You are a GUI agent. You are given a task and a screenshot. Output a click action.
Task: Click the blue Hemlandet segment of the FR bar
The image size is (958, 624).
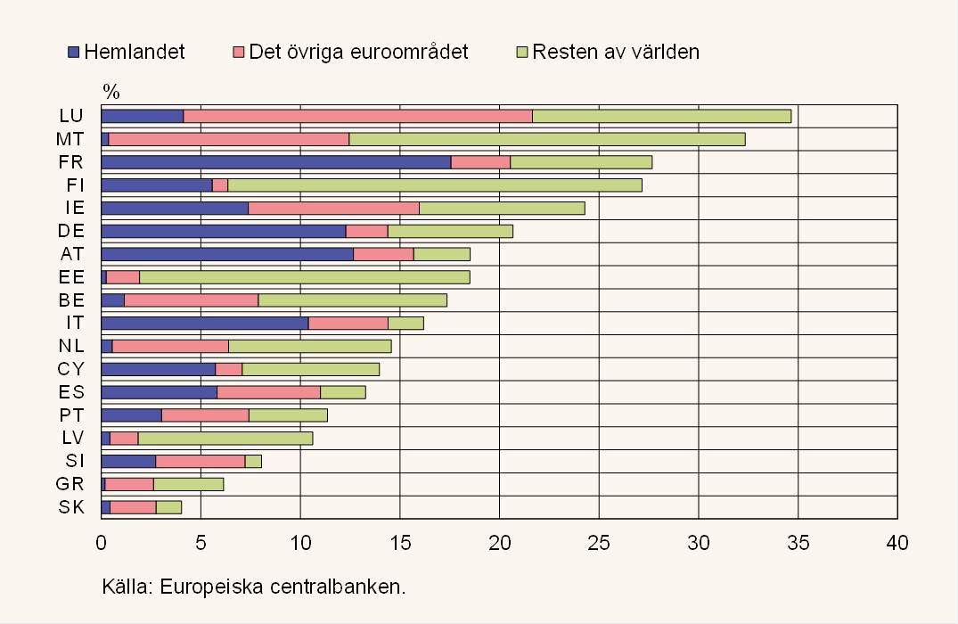pos(276,161)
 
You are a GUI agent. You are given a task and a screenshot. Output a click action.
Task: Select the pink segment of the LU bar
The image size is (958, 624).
pos(357,116)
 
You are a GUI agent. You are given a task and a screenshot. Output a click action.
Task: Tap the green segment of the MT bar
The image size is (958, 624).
pos(547,139)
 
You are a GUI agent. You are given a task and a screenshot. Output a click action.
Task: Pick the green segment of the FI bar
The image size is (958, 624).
pos(435,185)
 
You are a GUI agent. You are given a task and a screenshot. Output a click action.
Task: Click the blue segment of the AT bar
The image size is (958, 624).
pos(227,254)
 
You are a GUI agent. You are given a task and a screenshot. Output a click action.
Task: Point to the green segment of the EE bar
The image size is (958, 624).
pos(305,277)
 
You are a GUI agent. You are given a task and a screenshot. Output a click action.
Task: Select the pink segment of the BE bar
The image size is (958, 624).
pos(192,300)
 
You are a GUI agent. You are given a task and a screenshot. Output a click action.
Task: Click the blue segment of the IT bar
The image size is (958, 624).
pos(205,323)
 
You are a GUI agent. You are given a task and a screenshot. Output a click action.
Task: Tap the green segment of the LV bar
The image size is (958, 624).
pos(225,438)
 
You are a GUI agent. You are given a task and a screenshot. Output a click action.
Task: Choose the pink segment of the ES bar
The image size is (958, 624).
pos(268,392)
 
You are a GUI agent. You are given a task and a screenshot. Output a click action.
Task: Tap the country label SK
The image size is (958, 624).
pos(72,507)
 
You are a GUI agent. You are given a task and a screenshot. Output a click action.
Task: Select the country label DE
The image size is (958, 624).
pos(72,231)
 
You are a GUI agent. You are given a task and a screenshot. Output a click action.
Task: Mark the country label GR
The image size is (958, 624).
pos(71,484)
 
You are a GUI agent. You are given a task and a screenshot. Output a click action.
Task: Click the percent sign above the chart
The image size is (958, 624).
pos(111,91)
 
